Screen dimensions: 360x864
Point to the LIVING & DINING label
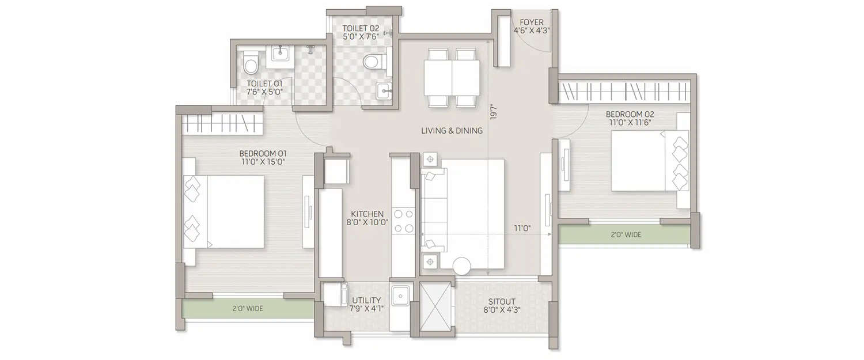click(452, 131)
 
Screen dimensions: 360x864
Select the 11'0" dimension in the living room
click(522, 229)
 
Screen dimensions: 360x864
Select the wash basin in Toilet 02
click(384, 89)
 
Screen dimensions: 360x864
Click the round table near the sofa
click(461, 266)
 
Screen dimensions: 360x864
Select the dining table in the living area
click(452, 78)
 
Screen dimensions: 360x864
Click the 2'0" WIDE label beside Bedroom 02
click(626, 234)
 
